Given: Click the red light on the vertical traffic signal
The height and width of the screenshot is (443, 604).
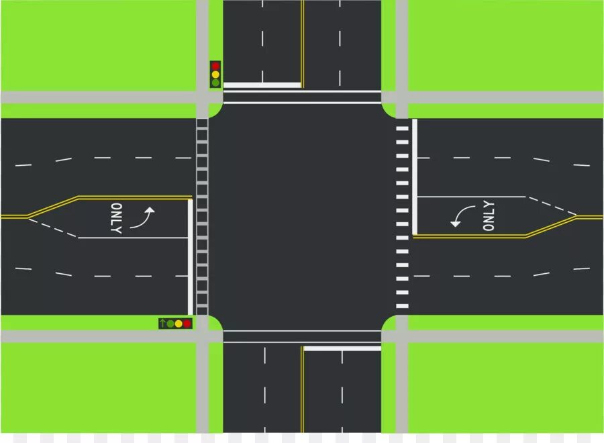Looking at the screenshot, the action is (x=215, y=66).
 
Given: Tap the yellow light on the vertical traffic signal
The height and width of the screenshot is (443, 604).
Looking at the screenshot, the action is (x=215, y=75).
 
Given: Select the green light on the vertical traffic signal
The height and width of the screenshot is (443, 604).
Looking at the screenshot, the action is (x=215, y=83).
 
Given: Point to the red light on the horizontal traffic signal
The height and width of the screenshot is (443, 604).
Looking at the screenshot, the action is (x=187, y=324).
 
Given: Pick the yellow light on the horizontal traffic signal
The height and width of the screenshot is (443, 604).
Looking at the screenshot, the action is (x=179, y=324).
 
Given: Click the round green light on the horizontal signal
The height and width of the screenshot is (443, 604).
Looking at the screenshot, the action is (x=170, y=324).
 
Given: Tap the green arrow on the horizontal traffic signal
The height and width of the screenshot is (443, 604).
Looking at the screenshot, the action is (x=162, y=324).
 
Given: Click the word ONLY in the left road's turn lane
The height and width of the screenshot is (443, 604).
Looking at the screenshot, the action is (x=116, y=218).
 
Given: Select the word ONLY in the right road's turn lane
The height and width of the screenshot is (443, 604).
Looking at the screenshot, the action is (x=489, y=216).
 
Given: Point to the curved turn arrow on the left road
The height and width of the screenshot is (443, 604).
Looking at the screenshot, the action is (x=143, y=218).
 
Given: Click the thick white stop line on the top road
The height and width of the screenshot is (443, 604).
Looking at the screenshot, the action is (x=262, y=85).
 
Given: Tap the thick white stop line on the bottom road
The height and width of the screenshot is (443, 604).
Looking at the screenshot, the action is (x=342, y=348).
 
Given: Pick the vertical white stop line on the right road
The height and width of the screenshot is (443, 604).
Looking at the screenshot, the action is (x=415, y=177).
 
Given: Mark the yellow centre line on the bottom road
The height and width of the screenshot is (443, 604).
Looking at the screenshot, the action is (x=303, y=389).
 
